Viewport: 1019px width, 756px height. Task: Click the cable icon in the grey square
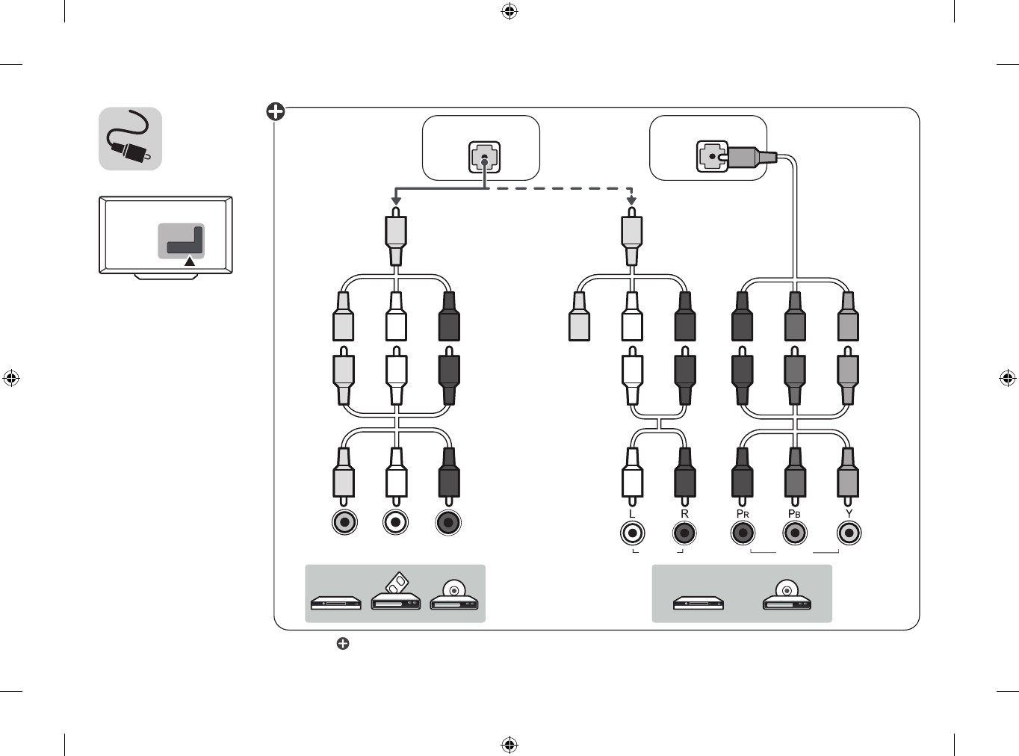(x=128, y=137)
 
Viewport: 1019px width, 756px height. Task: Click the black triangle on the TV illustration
(x=189, y=261)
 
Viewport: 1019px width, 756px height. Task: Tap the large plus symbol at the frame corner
(x=275, y=111)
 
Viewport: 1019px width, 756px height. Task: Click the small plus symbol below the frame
(x=343, y=643)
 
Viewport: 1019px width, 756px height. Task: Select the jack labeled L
(x=632, y=533)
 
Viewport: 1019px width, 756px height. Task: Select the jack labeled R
(x=684, y=533)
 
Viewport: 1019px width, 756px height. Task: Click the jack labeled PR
(x=743, y=533)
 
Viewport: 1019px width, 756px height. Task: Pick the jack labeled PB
(x=795, y=533)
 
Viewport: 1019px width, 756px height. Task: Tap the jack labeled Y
(x=849, y=533)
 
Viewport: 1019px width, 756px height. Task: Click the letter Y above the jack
(x=849, y=513)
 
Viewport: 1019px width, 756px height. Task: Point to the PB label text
(x=794, y=514)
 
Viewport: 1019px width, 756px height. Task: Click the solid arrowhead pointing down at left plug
(x=396, y=201)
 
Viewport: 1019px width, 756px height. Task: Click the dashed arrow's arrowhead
(x=632, y=201)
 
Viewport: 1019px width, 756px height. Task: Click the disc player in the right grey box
(x=787, y=595)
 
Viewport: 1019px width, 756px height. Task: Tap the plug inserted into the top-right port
(x=748, y=157)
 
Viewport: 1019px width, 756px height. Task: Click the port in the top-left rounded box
(x=484, y=157)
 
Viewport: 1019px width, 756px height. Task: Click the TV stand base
(x=166, y=276)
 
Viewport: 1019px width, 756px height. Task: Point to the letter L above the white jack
(x=632, y=514)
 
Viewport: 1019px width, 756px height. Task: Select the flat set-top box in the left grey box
(x=336, y=603)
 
